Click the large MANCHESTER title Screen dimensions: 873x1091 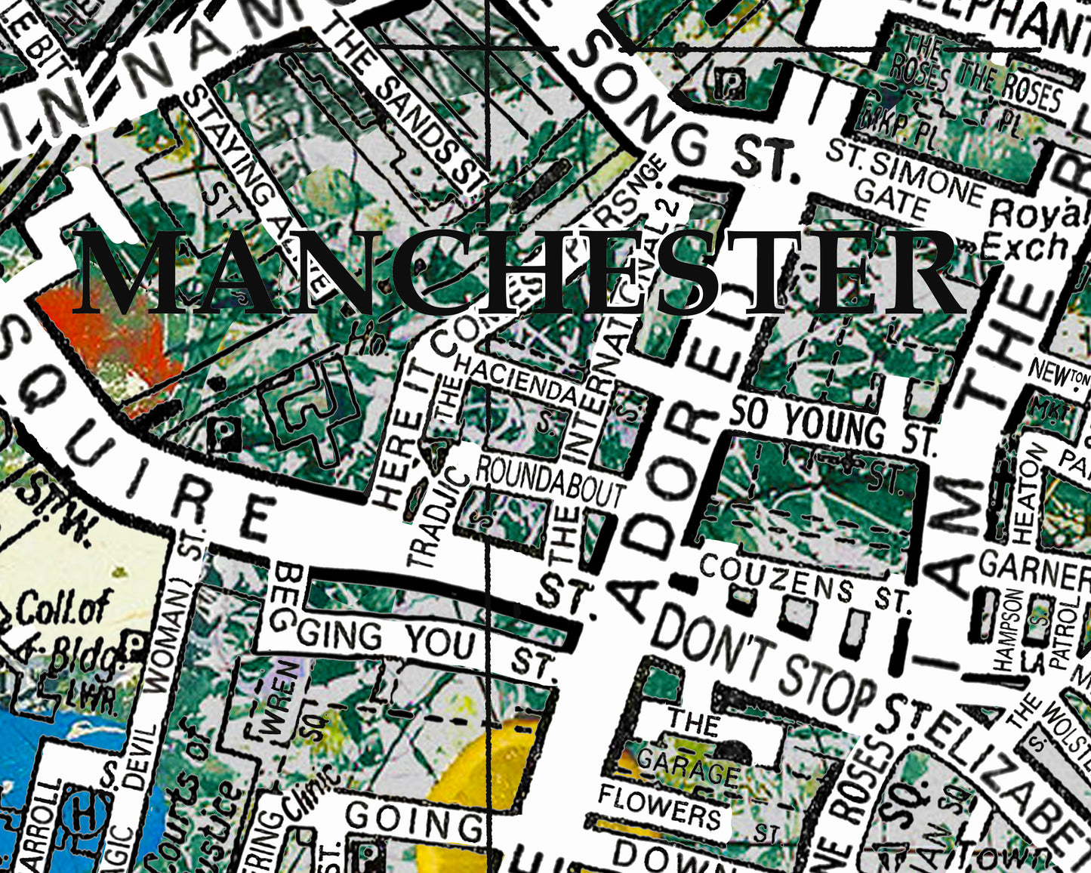coord(521,273)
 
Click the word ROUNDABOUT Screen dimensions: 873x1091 coord(549,483)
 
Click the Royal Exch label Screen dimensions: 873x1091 coord(1037,230)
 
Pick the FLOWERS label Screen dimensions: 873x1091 coord(660,807)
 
